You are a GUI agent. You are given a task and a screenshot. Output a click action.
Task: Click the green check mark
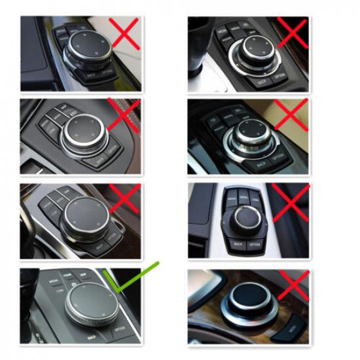point(135,278)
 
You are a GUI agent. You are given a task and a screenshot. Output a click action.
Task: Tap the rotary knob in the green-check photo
point(90,304)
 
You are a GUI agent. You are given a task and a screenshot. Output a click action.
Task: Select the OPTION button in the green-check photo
point(120,328)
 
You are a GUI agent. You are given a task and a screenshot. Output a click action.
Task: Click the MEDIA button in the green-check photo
point(53,281)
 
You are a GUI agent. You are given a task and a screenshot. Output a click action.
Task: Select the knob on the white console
point(245,217)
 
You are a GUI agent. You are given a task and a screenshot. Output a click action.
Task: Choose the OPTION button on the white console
point(255,244)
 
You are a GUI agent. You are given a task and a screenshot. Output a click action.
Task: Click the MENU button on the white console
point(243,196)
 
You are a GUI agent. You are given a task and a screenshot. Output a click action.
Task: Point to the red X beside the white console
point(290,202)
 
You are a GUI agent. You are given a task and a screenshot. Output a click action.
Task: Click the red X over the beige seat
point(289,115)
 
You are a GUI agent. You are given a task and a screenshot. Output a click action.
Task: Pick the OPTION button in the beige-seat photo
point(278,158)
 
